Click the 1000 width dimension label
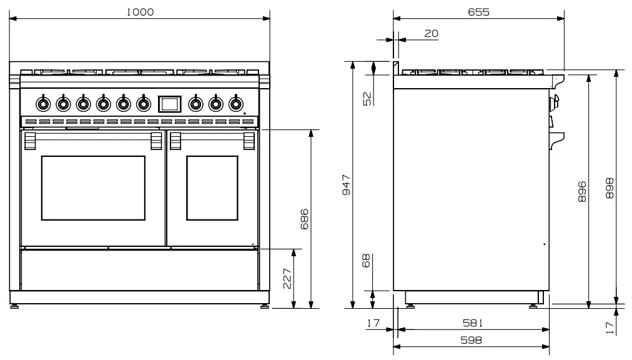(x=140, y=12)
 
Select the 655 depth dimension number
(x=478, y=12)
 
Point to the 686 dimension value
(x=305, y=219)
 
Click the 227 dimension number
(x=287, y=278)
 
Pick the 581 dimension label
(x=472, y=323)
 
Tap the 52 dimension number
(x=367, y=97)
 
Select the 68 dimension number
(x=367, y=260)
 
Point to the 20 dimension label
(x=431, y=33)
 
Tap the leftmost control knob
(x=42, y=102)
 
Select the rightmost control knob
(x=235, y=102)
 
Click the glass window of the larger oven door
(x=93, y=188)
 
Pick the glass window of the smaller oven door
(x=212, y=188)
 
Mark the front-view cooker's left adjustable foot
(x=14, y=307)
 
